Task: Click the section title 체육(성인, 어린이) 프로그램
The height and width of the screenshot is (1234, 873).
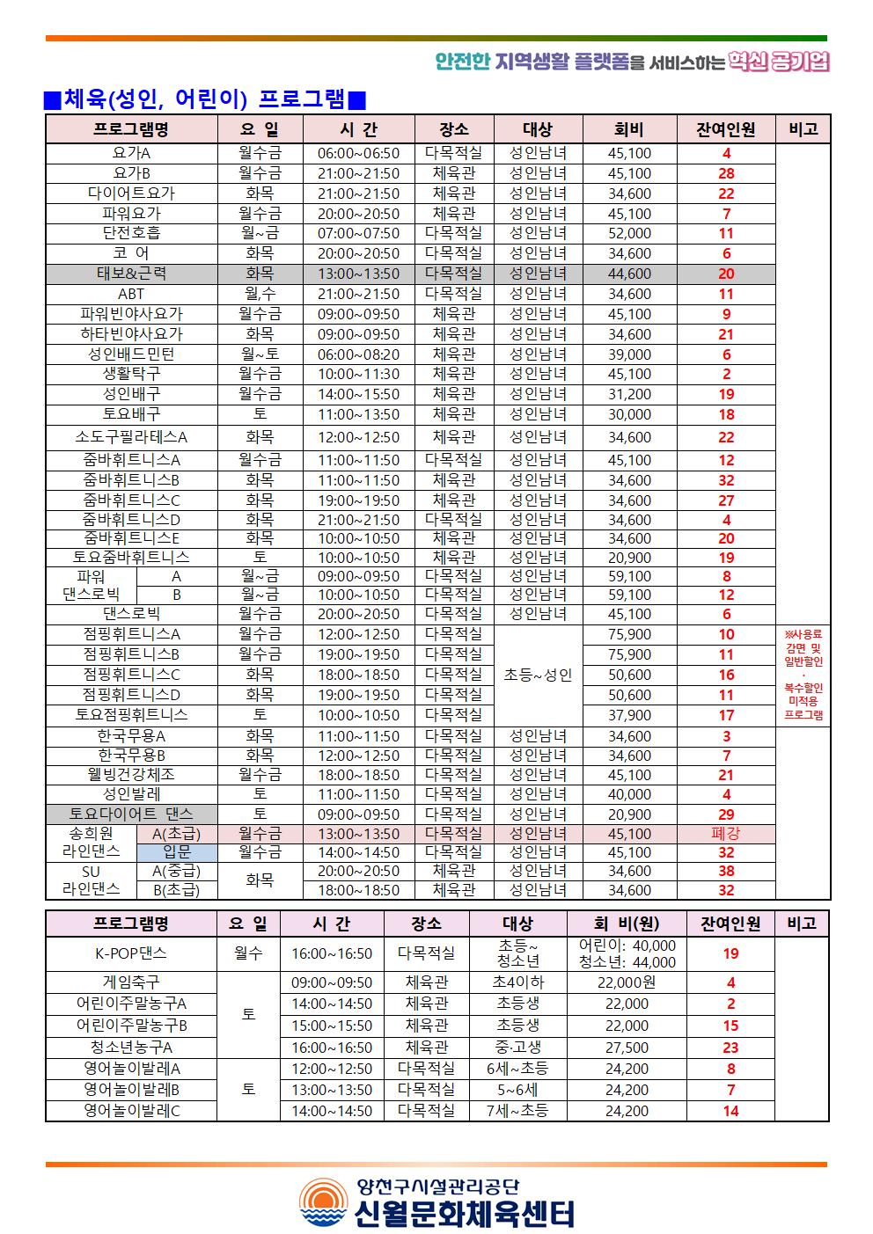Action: pyautogui.click(x=205, y=99)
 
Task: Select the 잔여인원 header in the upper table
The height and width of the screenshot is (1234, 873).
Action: pyautogui.click(x=726, y=129)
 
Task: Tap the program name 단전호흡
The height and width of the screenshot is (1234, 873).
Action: pyautogui.click(x=131, y=233)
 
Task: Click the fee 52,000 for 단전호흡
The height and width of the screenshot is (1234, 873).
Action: pyautogui.click(x=629, y=233)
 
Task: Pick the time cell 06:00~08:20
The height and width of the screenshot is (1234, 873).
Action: pyautogui.click(x=358, y=354)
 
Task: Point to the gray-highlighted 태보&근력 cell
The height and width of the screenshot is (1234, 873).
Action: pyautogui.click(x=131, y=274)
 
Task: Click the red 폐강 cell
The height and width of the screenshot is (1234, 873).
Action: pyautogui.click(x=726, y=834)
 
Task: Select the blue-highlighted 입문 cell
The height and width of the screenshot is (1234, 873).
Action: pyautogui.click(x=177, y=852)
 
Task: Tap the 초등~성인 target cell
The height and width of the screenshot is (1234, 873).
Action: pyautogui.click(x=538, y=675)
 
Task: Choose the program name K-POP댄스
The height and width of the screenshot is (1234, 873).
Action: pyautogui.click(x=131, y=953)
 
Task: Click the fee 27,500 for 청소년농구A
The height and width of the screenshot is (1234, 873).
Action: pyautogui.click(x=627, y=1048)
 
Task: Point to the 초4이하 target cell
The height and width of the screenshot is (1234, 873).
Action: pyautogui.click(x=517, y=982)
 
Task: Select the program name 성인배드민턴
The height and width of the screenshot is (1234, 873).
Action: pyautogui.click(x=131, y=354)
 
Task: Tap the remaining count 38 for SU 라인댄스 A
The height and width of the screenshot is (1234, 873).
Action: pyautogui.click(x=726, y=871)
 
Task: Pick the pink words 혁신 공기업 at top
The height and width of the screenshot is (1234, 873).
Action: pyautogui.click(x=779, y=62)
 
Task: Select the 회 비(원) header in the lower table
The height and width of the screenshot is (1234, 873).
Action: pyautogui.click(x=627, y=924)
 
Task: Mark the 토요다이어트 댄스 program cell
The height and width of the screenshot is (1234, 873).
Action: pyautogui.click(x=131, y=814)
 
